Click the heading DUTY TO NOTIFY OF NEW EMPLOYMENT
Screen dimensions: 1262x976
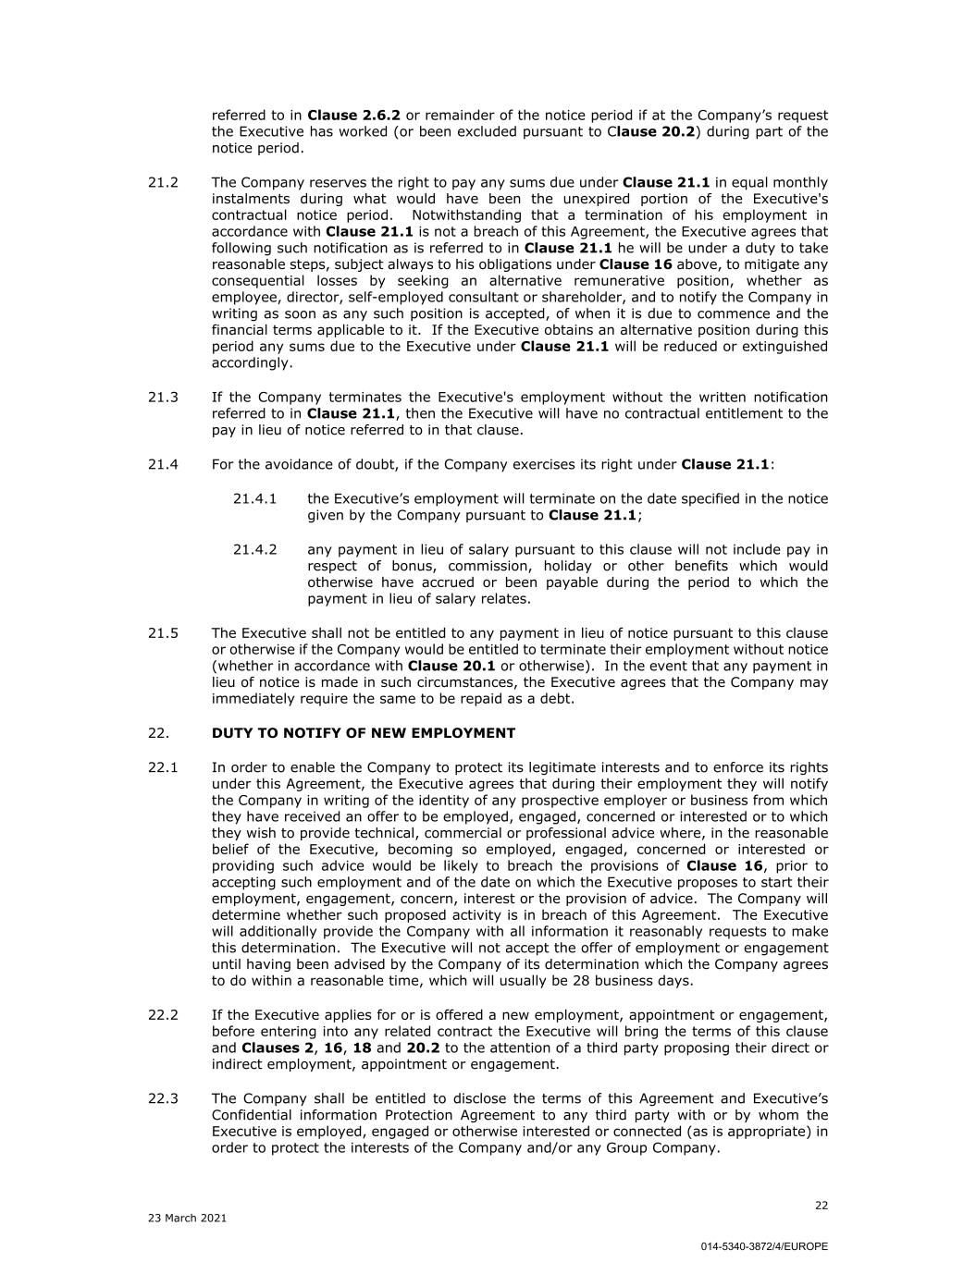[363, 733]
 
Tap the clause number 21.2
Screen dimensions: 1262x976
[163, 182]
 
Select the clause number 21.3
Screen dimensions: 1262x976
[163, 397]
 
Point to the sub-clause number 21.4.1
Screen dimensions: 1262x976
[254, 498]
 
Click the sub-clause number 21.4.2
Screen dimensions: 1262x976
[254, 549]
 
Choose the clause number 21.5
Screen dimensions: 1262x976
[163, 633]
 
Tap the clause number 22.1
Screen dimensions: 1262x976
[163, 767]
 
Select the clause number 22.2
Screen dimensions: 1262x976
[163, 1015]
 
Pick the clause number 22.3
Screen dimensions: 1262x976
[163, 1098]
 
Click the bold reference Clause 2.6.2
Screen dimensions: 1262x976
[353, 116]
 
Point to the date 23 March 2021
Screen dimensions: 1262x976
[187, 1218]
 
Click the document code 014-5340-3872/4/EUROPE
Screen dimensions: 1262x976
[763, 1246]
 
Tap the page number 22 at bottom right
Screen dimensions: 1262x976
[822, 1205]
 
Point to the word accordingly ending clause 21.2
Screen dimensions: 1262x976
[251, 362]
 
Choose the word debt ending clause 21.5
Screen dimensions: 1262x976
[557, 699]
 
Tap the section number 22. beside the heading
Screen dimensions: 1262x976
[158, 733]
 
